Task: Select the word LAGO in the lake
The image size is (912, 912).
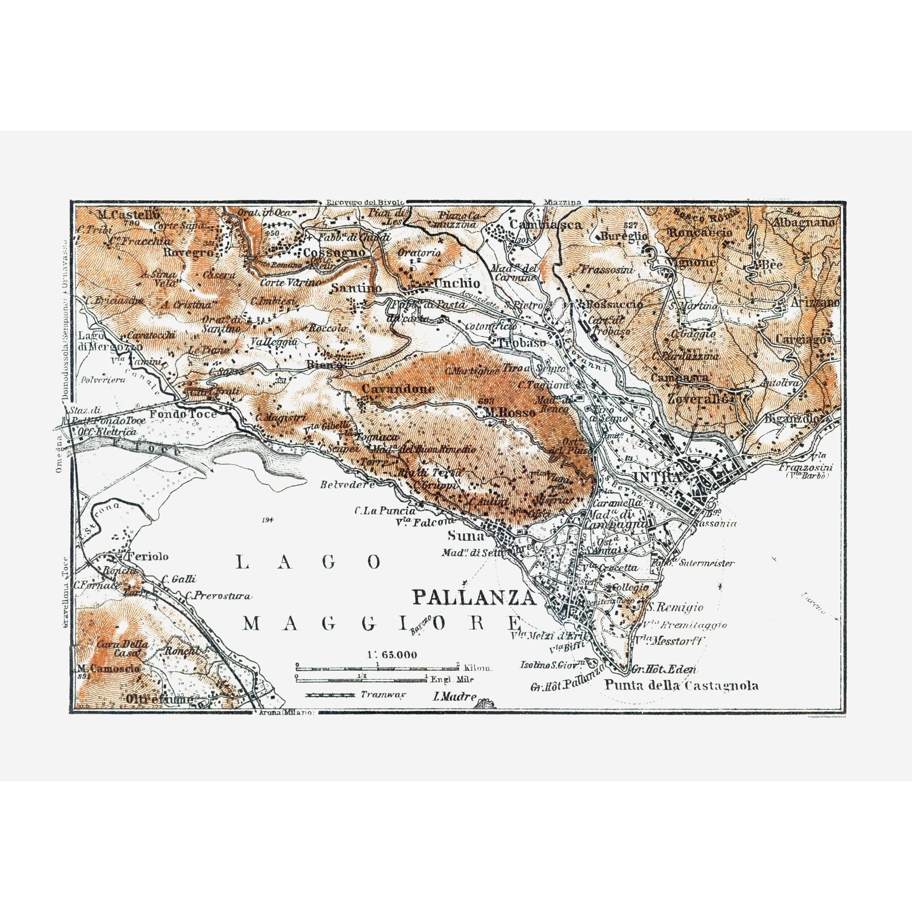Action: pos(308,561)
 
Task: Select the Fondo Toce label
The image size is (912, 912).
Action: pos(189,414)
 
